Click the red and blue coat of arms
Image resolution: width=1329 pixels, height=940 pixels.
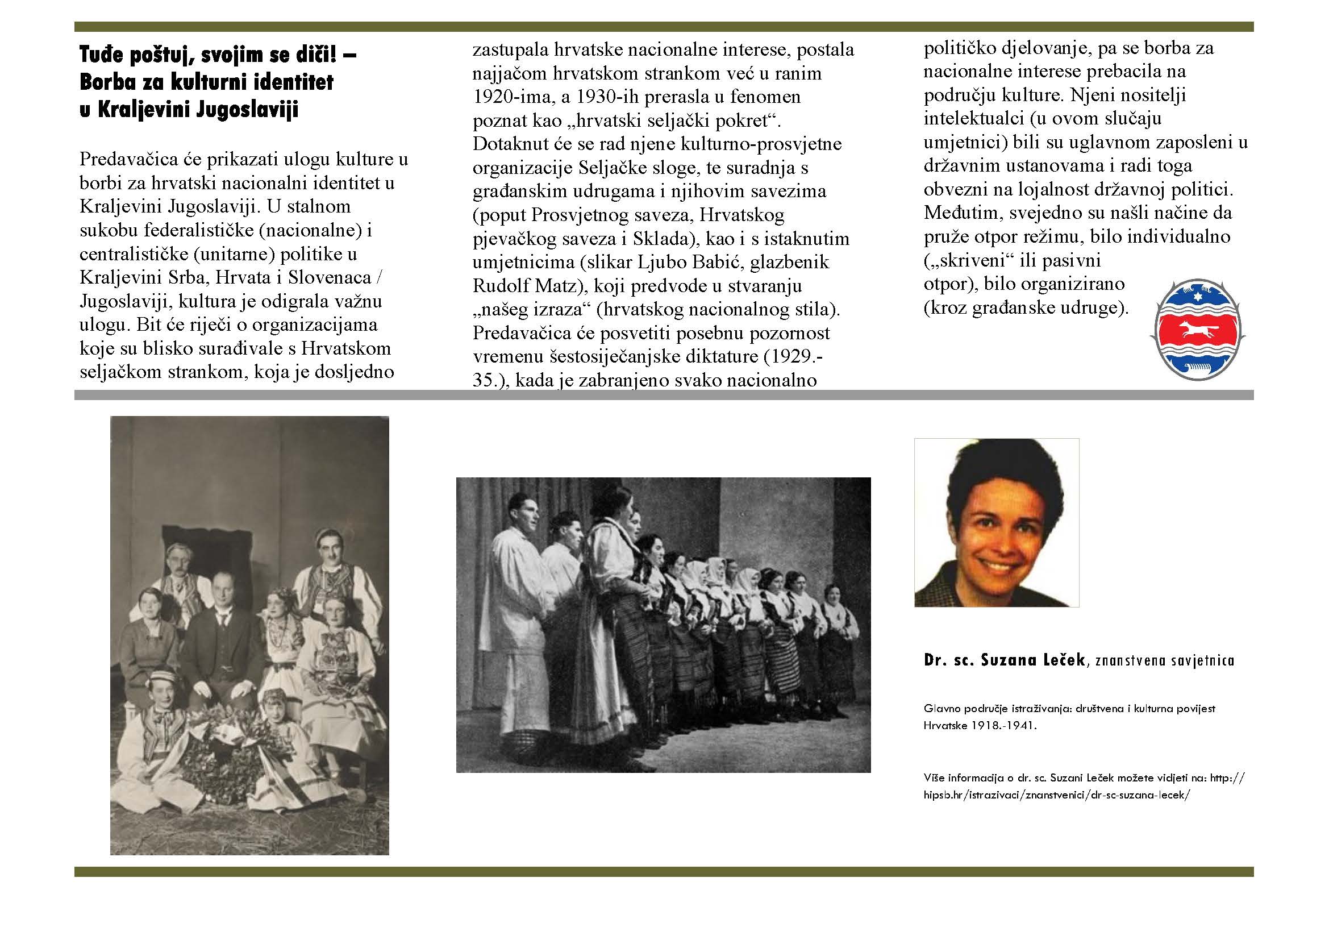tap(1198, 330)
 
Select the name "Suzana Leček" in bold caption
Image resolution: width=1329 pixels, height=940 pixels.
tap(1032, 660)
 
